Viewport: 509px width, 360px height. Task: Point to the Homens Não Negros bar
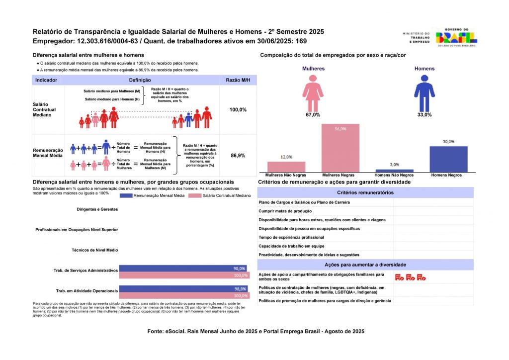tap(394, 171)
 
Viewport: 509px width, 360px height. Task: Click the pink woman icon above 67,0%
tap(313, 93)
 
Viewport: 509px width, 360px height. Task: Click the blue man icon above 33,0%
tap(424, 93)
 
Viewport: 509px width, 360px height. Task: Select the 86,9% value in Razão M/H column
tap(238, 156)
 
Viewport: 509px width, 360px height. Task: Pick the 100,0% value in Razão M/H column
tap(238, 109)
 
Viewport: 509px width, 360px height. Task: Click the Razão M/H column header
tap(238, 80)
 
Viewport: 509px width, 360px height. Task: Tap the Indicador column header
tap(47, 80)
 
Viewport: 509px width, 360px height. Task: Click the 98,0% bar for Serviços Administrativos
tap(184, 269)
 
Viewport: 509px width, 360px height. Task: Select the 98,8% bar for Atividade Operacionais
tap(184, 288)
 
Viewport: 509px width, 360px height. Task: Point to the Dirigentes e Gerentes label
tap(97, 209)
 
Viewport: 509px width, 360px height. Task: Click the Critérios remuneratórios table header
tap(365, 192)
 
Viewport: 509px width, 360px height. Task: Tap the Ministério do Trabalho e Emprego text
tap(416, 38)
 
